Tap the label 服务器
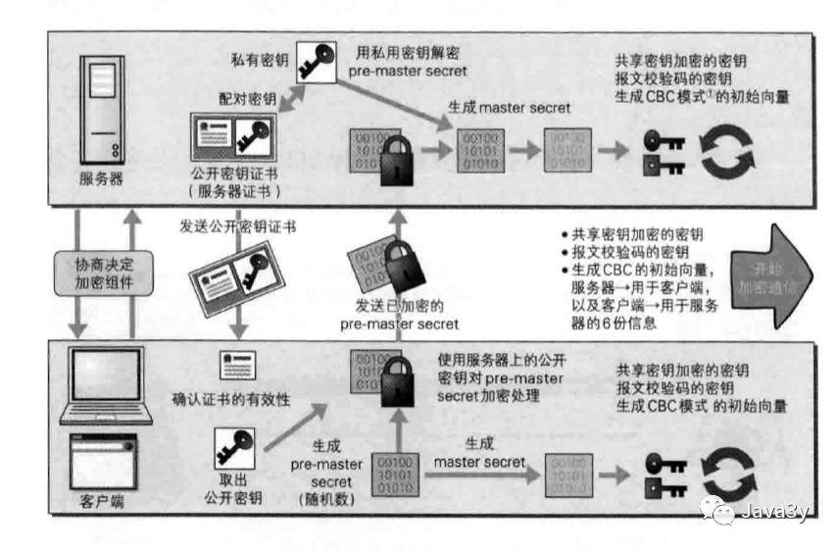pyautogui.click(x=103, y=180)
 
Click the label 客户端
pyautogui.click(x=103, y=502)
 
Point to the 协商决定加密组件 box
pyautogui.click(x=103, y=272)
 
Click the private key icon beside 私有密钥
pyautogui.click(x=316, y=56)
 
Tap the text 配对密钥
pyautogui.click(x=248, y=100)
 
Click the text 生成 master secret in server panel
pyautogui.click(x=509, y=107)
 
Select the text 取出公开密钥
pyautogui.click(x=235, y=491)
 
